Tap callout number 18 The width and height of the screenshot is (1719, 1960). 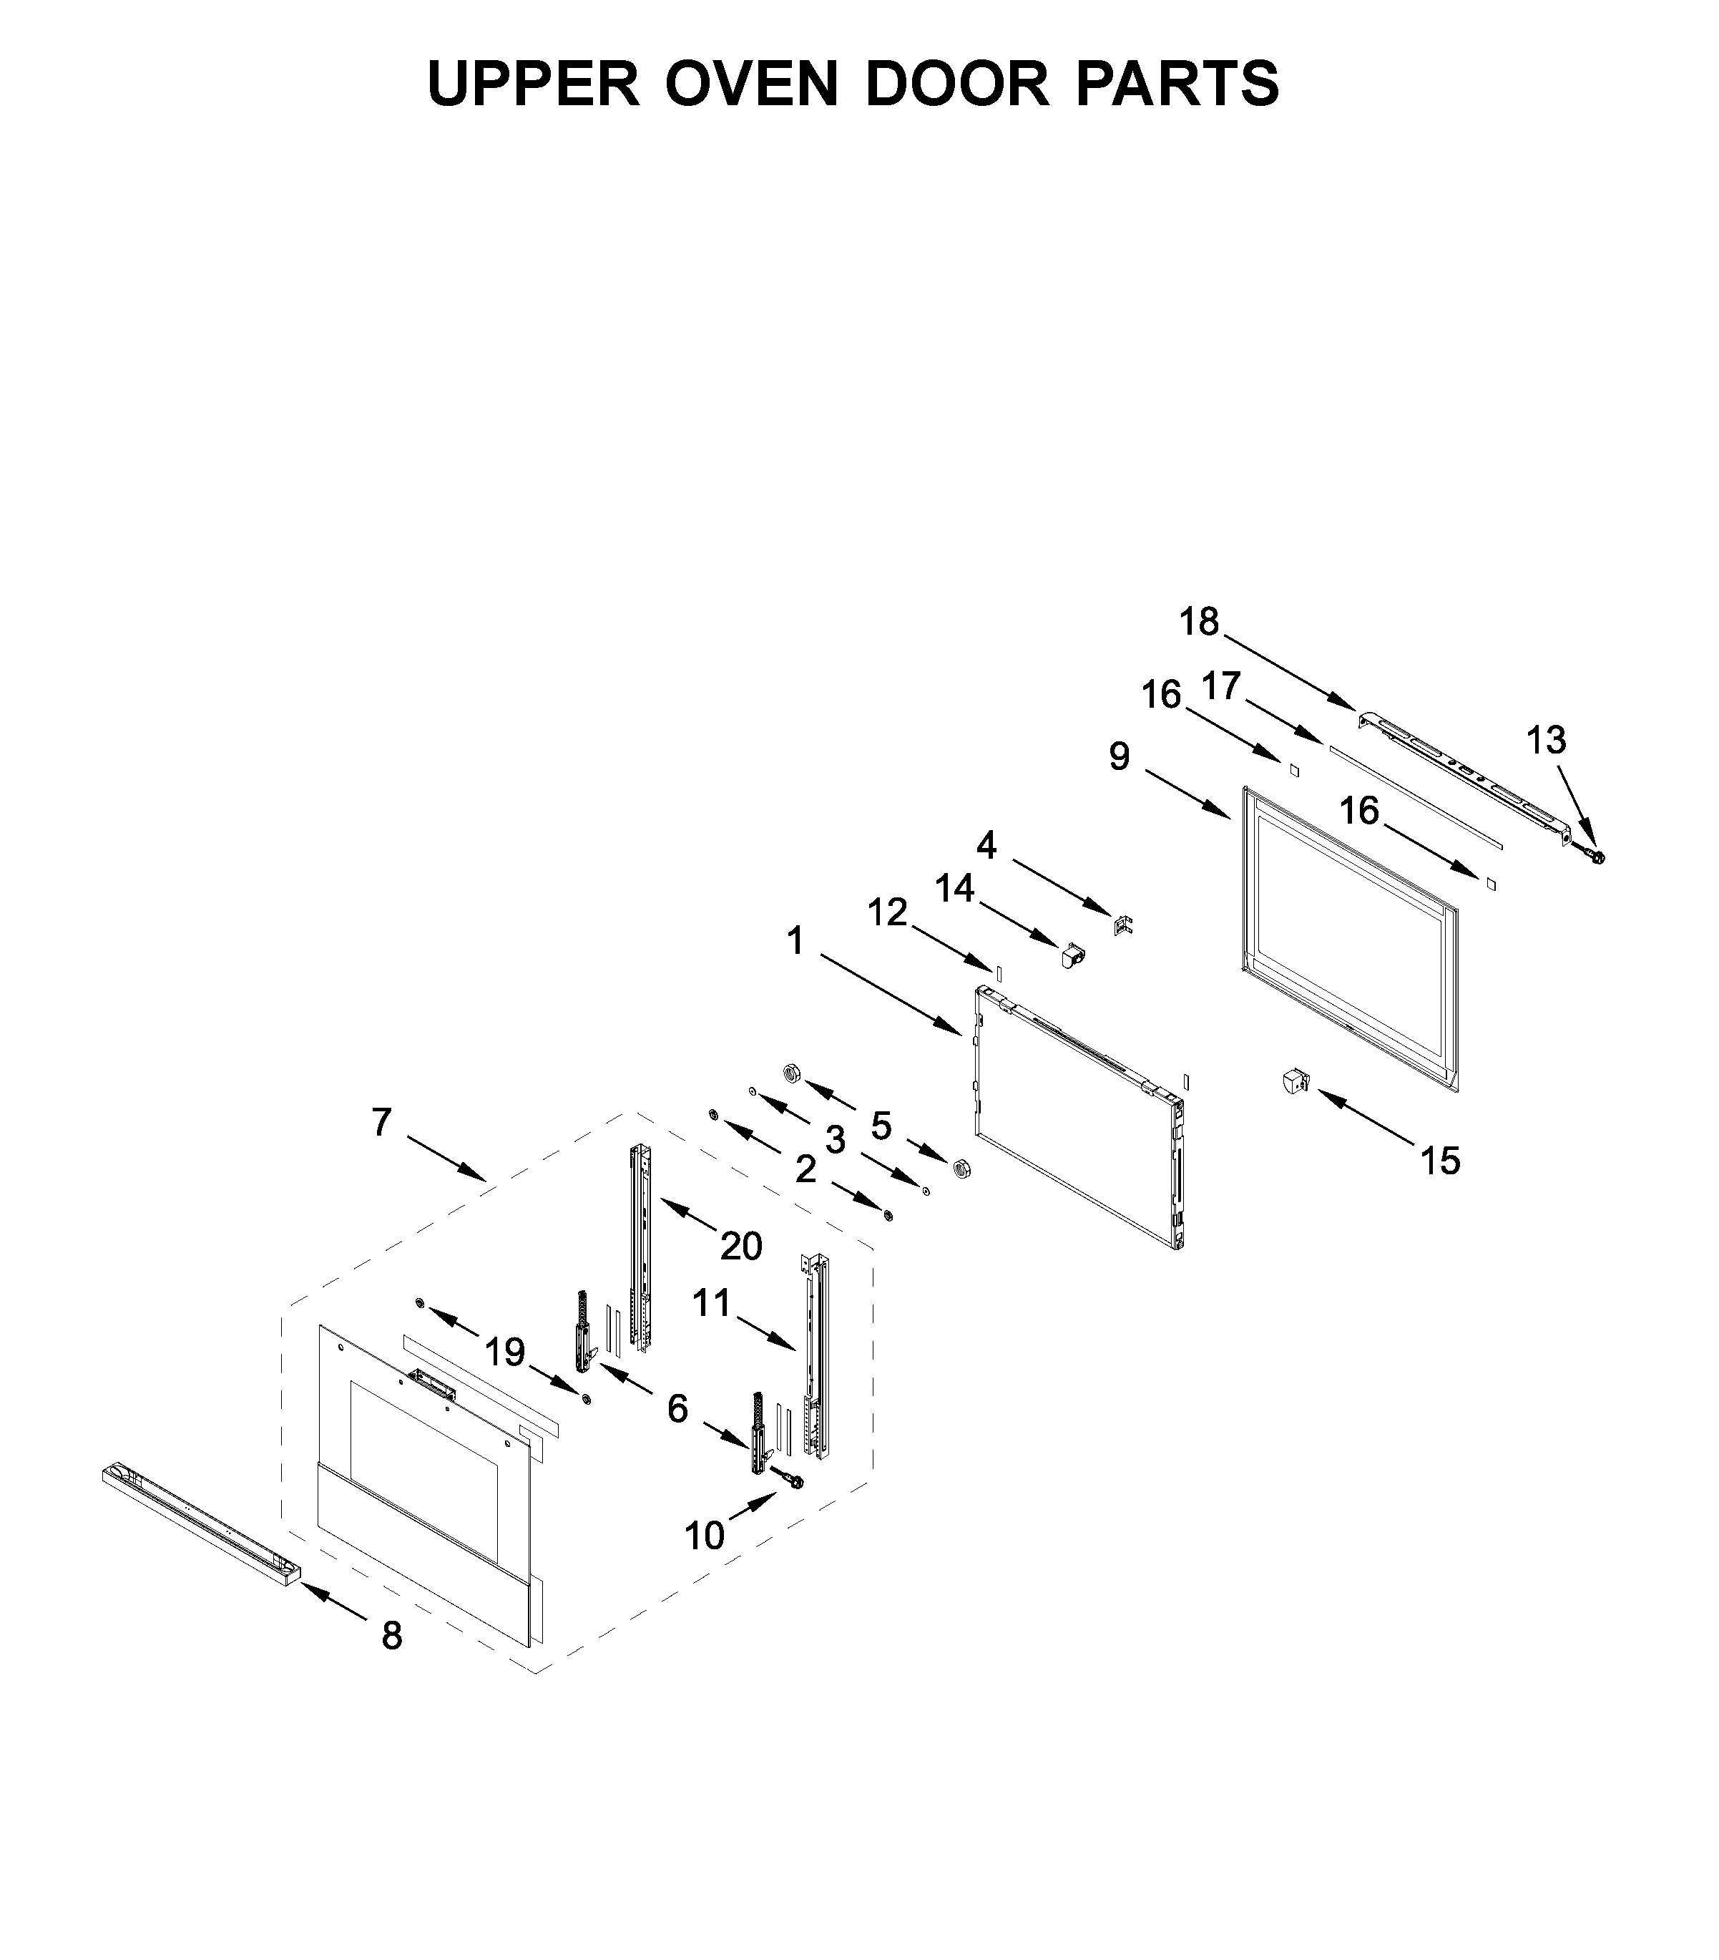coord(1198,623)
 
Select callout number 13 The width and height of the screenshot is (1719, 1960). coord(1545,740)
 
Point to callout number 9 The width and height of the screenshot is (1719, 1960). coord(1120,756)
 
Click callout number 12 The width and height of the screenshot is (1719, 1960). coord(887,913)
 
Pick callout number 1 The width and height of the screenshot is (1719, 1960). coord(795,942)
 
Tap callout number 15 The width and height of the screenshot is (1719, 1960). coord(1439,1161)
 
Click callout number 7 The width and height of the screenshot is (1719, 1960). coord(381,1122)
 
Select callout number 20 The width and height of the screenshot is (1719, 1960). coord(740,1247)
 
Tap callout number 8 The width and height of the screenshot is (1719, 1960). coord(391,1636)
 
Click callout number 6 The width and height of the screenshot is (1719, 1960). coord(677,1408)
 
